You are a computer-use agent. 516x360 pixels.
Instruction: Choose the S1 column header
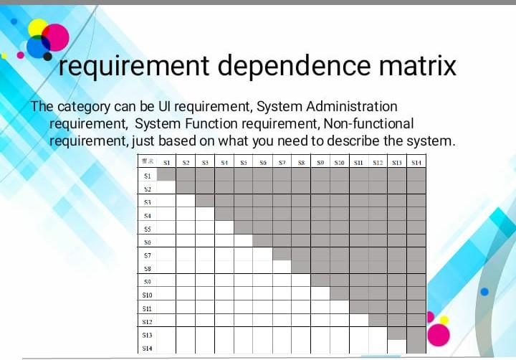166,163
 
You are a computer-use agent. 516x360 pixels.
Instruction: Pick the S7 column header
282,163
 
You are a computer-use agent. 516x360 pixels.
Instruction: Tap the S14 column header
416,163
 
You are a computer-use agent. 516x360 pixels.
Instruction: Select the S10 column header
339,163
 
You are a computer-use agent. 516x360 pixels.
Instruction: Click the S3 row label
147,202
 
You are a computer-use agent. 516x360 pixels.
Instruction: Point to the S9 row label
147,281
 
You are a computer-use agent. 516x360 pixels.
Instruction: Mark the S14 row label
147,348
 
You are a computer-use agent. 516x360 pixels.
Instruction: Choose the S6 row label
147,242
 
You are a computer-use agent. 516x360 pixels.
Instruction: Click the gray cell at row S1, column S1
166,174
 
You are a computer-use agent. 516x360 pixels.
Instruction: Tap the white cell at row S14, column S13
396,347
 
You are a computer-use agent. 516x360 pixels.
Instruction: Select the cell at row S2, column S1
166,188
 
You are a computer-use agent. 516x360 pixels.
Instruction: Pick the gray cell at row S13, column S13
396,333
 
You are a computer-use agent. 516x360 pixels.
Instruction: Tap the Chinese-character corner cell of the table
147,163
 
